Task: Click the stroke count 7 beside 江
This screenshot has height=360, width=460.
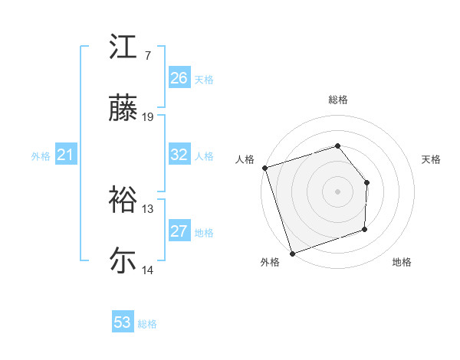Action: coord(147,56)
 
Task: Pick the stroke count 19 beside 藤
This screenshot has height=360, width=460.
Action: coord(148,117)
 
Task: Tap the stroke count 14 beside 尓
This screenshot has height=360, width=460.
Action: coord(148,270)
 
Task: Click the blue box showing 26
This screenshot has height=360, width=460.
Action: coord(179,78)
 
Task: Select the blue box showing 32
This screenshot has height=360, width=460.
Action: coord(179,155)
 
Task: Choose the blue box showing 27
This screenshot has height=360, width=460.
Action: coord(179,231)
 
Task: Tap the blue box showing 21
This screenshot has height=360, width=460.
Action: coord(66,155)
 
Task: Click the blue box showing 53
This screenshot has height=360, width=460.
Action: coord(123,322)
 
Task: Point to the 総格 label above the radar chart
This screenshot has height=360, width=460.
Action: coord(338,100)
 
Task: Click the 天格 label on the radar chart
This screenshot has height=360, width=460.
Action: coord(432,159)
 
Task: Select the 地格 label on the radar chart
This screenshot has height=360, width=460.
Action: coord(402,263)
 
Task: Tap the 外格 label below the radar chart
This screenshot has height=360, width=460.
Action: coord(270,263)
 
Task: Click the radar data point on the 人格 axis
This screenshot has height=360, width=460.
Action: coord(264,168)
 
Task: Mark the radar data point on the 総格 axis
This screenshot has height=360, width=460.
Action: coord(337,146)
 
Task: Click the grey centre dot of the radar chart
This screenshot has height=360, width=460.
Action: coord(337,191)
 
